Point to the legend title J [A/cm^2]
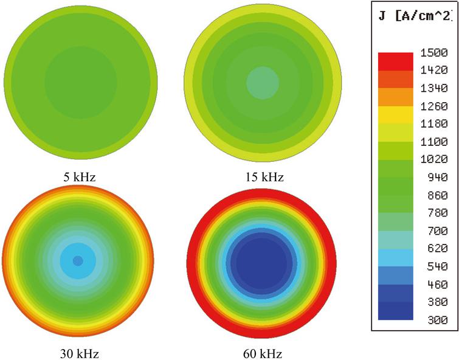click(415, 16)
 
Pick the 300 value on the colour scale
click(433, 320)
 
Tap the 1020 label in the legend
click(433, 160)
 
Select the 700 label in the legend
click(433, 231)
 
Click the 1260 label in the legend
click(433, 106)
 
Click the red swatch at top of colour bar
click(395, 61)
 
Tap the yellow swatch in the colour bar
click(395, 115)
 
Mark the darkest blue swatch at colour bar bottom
click(395, 311)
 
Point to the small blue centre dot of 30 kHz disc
click(78, 260)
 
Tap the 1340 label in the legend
click(433, 89)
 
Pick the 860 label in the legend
click(433, 195)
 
